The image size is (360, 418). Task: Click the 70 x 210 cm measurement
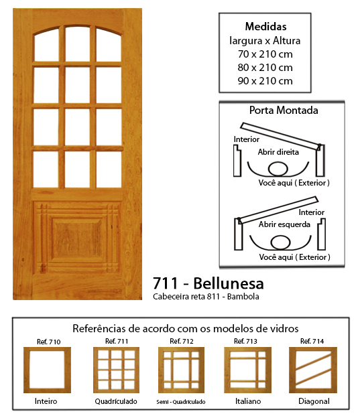coord(265,54)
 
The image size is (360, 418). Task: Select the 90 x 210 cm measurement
coord(265,81)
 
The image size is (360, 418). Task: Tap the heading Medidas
coord(265,26)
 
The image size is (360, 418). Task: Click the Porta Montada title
coord(284,110)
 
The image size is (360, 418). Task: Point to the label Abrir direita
coord(278,152)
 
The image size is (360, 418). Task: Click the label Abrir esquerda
coord(284,224)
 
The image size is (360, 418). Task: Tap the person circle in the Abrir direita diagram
coord(278,169)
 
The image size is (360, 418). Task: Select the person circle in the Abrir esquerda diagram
coord(280,242)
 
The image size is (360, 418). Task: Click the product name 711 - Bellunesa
coord(208,283)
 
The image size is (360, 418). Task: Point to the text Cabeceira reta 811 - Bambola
coord(206,297)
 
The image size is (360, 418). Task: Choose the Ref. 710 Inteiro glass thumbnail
coord(47,370)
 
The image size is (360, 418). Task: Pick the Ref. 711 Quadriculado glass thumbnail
coord(117,370)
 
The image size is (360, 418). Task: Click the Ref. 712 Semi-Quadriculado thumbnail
coord(181,370)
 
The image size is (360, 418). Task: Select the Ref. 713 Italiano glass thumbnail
coord(247,370)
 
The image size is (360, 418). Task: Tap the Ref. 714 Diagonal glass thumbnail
coord(313,370)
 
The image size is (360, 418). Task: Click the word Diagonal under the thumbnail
coord(314,401)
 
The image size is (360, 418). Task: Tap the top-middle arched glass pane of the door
coord(77,44)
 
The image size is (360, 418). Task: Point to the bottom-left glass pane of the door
coord(46,169)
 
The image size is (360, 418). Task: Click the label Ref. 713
coord(245,341)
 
